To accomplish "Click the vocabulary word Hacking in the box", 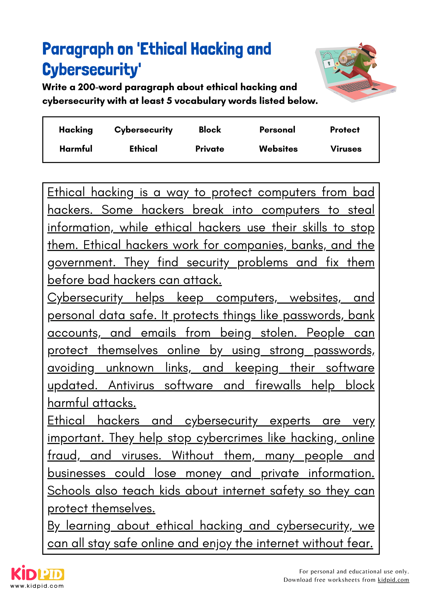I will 76,130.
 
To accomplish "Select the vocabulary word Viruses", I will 346,149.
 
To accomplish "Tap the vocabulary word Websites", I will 278,149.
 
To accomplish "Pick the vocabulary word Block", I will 210,130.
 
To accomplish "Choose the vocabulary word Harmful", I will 76,149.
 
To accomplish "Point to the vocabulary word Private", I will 210,149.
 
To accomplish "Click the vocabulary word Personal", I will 277,130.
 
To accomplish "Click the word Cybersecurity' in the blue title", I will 91,70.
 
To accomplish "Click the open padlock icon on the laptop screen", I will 329,60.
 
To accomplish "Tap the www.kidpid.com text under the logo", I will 37,586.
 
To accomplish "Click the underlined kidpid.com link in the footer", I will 393,580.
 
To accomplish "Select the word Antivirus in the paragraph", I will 131,385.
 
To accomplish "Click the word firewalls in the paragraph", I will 278,385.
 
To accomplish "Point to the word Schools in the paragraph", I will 69,491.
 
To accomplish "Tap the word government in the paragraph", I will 81,263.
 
